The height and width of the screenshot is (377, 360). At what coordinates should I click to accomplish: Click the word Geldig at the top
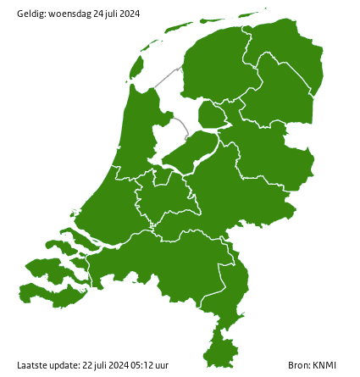[x=31, y=14]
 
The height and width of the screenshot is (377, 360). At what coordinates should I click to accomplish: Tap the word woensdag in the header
[x=69, y=14]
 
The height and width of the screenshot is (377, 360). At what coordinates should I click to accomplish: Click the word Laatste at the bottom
[x=31, y=365]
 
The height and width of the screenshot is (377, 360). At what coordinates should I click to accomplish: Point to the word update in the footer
[x=64, y=365]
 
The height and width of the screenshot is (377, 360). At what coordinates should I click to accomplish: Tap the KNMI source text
[x=324, y=365]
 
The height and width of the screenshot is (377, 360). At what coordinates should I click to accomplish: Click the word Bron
[x=298, y=365]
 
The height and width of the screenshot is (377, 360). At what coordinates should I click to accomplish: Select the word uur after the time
[x=162, y=365]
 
